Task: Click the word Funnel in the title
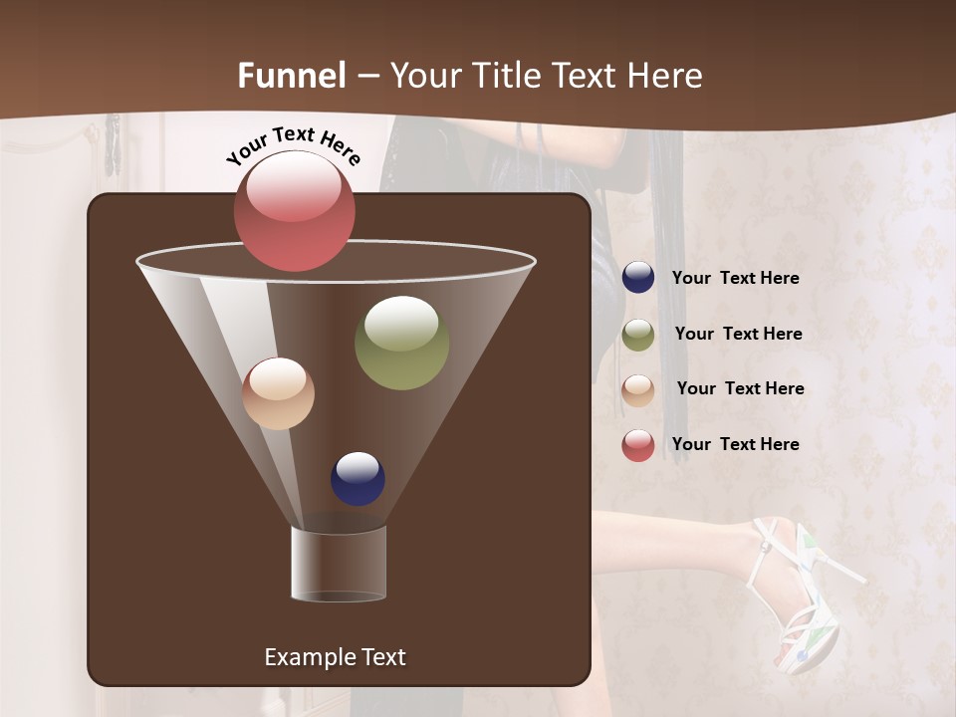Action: pyautogui.click(x=292, y=76)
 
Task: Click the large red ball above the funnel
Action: pyautogui.click(x=294, y=211)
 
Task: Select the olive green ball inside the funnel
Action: pyautogui.click(x=401, y=343)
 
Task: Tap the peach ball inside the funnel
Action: pyautogui.click(x=278, y=393)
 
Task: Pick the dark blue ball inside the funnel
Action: pyautogui.click(x=358, y=479)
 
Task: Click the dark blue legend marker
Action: pyautogui.click(x=638, y=278)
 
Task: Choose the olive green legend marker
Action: pyautogui.click(x=638, y=334)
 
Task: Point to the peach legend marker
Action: pyautogui.click(x=638, y=389)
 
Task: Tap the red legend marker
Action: pyautogui.click(x=638, y=445)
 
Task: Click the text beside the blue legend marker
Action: pyautogui.click(x=735, y=279)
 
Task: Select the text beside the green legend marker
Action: pyautogui.click(x=738, y=335)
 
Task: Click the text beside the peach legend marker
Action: pyautogui.click(x=740, y=389)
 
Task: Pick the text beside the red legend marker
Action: pyautogui.click(x=735, y=445)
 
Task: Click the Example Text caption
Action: pyautogui.click(x=335, y=657)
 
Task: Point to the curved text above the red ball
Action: pyautogui.click(x=293, y=146)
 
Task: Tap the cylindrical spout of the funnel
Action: pyautogui.click(x=339, y=564)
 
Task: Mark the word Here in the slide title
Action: pyautogui.click(x=661, y=76)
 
